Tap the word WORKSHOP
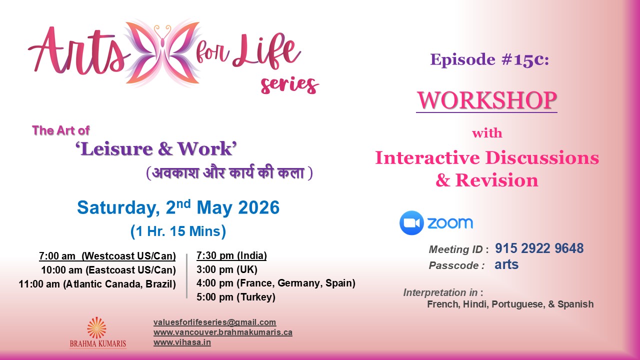(486, 100)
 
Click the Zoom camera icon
(411, 223)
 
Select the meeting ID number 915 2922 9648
(539, 248)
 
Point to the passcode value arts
(506, 265)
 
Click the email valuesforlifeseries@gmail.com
(214, 322)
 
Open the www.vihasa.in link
(182, 342)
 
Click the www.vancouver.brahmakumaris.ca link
(222, 332)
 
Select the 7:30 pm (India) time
(231, 256)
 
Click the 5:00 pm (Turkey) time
(236, 297)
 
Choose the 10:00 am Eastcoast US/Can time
(108, 270)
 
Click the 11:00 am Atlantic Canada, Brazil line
(97, 284)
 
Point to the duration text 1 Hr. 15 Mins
(178, 231)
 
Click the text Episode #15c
(489, 59)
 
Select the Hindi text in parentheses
(229, 173)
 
